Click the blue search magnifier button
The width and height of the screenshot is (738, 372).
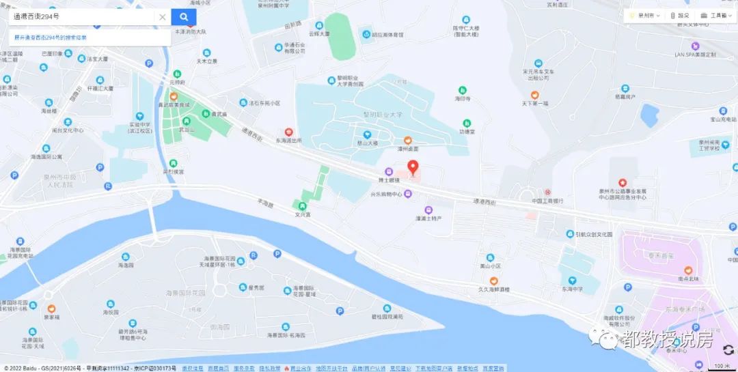pyautogui.click(x=184, y=17)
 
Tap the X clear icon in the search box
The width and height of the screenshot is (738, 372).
pyautogui.click(x=163, y=17)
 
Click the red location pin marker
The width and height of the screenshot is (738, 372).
pyautogui.click(x=413, y=167)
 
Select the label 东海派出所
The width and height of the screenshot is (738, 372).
pyautogui.click(x=288, y=141)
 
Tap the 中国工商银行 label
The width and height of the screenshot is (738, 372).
pyautogui.click(x=547, y=201)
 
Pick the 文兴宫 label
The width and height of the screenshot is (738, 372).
pyautogui.click(x=303, y=214)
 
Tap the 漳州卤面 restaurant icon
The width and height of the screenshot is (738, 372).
pyautogui.click(x=407, y=147)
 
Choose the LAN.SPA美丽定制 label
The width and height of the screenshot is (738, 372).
pyautogui.click(x=695, y=54)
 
